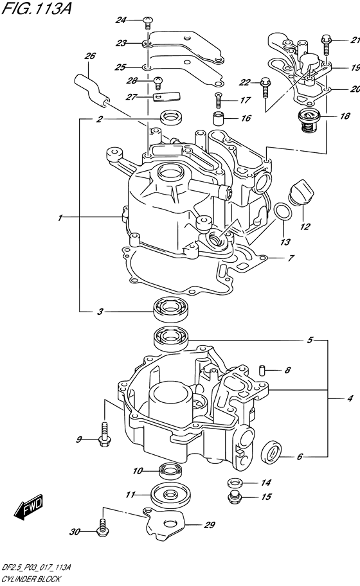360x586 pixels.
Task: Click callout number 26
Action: [x=90, y=56]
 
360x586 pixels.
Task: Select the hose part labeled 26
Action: [x=92, y=88]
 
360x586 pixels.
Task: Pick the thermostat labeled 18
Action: [x=309, y=120]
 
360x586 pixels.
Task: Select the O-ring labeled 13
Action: [x=283, y=212]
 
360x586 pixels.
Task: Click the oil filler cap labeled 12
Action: [x=301, y=191]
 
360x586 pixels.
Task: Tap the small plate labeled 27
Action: [x=166, y=96]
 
